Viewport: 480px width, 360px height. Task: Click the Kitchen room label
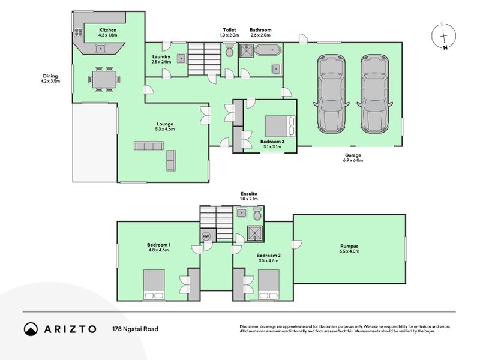[x=108, y=30]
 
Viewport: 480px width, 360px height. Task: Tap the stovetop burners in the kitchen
[x=79, y=32]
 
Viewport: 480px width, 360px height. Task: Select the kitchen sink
[x=100, y=49]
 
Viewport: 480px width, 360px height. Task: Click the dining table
[x=104, y=79]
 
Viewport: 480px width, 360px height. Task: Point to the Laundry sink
[x=181, y=58]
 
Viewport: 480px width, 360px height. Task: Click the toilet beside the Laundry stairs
[x=229, y=50]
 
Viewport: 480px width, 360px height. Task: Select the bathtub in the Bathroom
[x=268, y=50]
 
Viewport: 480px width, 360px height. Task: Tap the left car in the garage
[x=332, y=94]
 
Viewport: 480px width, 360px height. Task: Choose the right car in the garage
[x=374, y=94]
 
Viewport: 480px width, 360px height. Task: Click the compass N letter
[x=445, y=47]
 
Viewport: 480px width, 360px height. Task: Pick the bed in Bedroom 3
[x=280, y=126]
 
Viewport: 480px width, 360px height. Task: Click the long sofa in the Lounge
[x=148, y=146]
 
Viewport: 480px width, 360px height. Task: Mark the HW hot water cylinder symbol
[x=206, y=236]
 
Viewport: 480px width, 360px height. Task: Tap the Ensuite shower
[x=255, y=233]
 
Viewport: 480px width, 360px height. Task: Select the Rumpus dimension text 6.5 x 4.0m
[x=349, y=251]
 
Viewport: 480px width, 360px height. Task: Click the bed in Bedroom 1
[x=154, y=284]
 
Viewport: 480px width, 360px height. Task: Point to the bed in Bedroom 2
[x=269, y=284]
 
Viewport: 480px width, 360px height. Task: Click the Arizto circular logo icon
[x=31, y=329]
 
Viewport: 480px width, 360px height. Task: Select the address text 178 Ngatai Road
[x=136, y=329]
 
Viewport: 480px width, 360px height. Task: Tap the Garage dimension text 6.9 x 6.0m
[x=353, y=160]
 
